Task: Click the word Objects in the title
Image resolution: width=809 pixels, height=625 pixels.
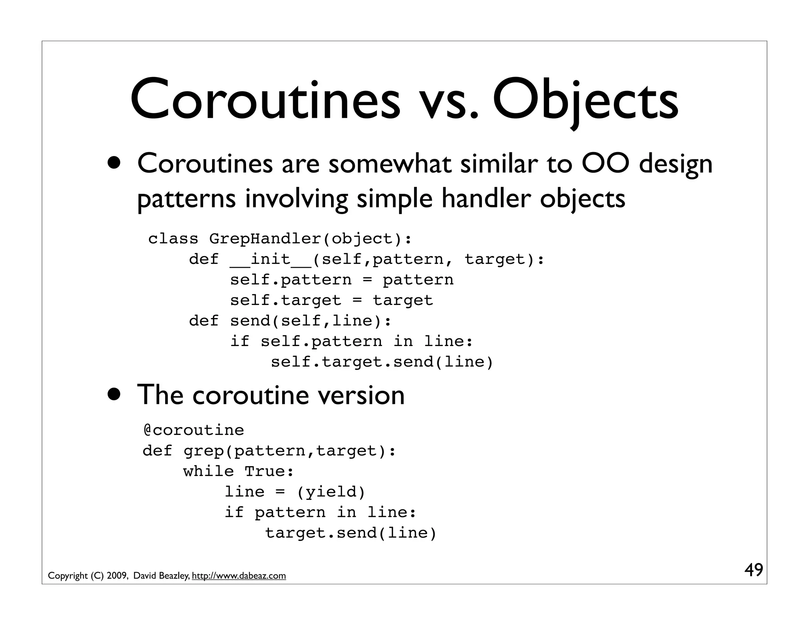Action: pos(585,101)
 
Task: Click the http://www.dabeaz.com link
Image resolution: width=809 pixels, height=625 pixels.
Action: pos(239,576)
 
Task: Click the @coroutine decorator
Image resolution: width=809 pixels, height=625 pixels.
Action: pos(194,430)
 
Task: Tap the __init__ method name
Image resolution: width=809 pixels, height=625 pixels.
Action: pos(271,260)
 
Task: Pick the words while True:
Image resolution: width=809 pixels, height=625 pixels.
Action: pos(239,471)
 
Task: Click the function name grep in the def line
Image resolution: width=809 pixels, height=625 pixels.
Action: pos(204,451)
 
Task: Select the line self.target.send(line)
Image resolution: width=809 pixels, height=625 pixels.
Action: pos(382,362)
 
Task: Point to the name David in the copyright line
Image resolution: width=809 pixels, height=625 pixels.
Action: pos(144,576)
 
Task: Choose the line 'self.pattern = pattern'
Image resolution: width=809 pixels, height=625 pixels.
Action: pos(342,280)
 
